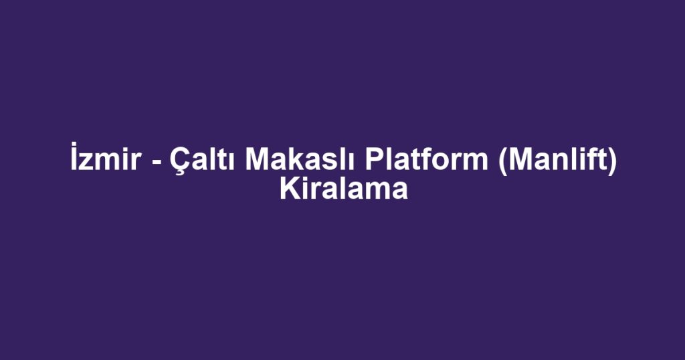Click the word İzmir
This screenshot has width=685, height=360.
105,157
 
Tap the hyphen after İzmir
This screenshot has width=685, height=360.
155,161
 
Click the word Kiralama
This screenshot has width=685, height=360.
343,189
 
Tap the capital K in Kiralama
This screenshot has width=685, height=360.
290,189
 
